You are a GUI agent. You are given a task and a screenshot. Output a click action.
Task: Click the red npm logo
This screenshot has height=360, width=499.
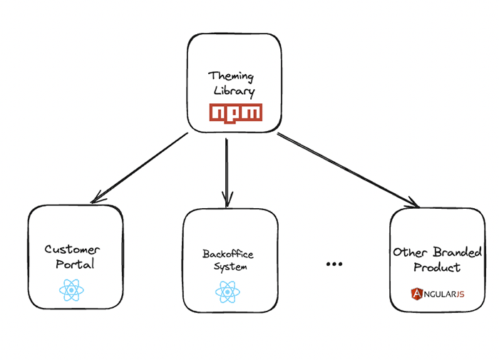(x=235, y=112)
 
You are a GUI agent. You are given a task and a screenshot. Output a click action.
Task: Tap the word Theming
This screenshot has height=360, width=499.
(x=231, y=76)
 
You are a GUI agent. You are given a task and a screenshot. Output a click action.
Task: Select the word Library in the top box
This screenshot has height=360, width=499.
(x=232, y=91)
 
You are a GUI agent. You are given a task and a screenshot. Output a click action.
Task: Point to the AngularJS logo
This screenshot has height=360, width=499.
(x=437, y=293)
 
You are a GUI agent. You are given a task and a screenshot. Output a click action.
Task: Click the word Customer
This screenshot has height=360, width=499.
(x=73, y=250)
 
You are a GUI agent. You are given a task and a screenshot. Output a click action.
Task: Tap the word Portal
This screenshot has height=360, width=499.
(x=75, y=264)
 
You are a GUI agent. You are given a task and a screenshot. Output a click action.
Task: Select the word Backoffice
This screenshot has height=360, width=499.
(x=227, y=254)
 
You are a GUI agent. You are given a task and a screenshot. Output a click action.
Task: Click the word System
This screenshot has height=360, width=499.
(x=230, y=267)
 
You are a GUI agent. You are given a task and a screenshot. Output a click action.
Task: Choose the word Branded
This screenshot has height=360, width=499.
(x=458, y=253)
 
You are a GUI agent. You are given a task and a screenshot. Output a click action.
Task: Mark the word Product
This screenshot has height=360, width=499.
(x=437, y=268)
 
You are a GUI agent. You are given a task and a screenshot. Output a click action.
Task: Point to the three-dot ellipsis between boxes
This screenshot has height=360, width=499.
(x=334, y=264)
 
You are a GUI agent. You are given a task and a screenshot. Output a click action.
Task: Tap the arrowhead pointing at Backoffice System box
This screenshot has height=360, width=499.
(x=227, y=199)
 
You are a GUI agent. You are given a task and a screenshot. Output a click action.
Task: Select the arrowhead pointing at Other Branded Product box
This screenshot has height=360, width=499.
(x=413, y=205)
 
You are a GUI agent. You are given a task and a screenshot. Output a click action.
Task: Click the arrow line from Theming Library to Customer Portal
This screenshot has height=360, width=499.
(x=143, y=166)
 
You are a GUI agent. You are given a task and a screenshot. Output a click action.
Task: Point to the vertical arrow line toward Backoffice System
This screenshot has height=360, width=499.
(x=226, y=168)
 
